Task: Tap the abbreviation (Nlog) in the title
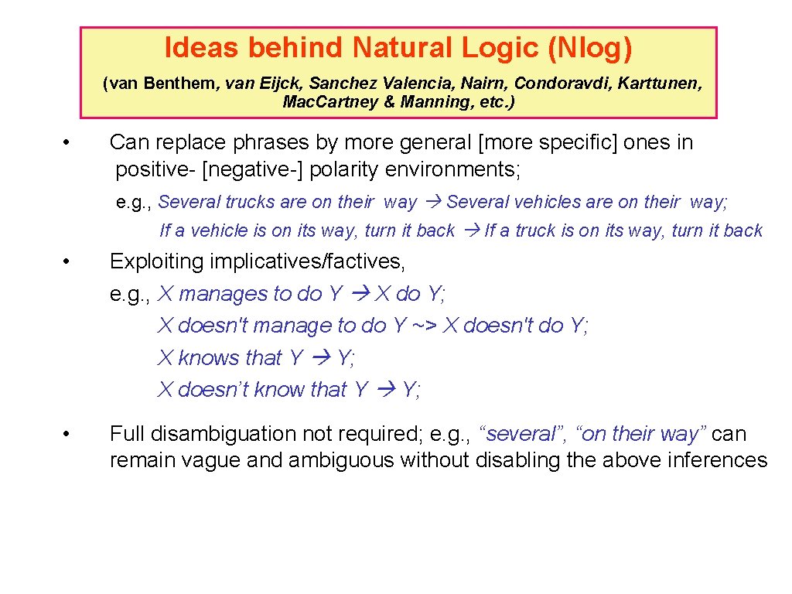(x=589, y=48)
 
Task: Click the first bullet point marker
(x=68, y=143)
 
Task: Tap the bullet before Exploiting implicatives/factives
(x=68, y=262)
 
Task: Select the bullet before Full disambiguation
(x=68, y=435)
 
